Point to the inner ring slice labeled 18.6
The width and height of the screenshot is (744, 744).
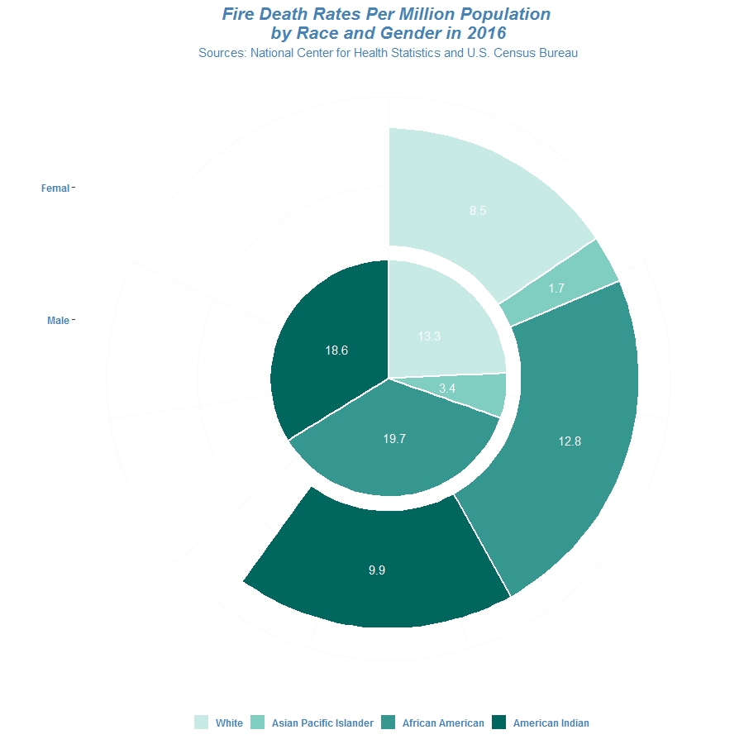[331, 347]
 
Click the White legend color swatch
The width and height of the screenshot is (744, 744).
[202, 723]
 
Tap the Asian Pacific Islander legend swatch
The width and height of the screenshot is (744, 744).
[258, 723]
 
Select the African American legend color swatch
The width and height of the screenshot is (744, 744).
[389, 723]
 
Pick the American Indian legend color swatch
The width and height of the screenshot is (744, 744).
[499, 723]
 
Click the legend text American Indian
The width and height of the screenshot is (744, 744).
[551, 723]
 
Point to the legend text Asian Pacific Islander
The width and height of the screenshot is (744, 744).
[322, 723]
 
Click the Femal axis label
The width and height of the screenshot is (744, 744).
[55, 188]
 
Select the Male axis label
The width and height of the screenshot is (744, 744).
[58, 321]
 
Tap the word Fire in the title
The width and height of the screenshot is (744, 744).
[239, 15]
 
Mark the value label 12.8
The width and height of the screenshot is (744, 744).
[570, 441]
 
